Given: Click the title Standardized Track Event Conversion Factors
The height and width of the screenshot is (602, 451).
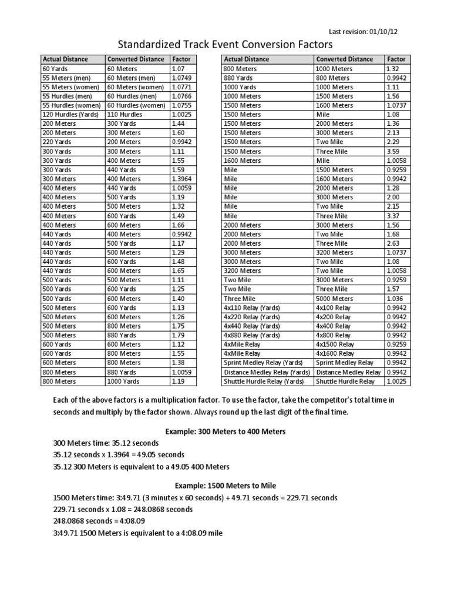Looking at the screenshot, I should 225,45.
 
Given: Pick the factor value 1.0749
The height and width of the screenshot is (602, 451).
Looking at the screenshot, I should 181,78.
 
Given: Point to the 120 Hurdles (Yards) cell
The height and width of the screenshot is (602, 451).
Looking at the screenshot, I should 70,114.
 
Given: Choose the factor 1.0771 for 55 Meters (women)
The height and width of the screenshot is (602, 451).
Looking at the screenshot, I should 181,87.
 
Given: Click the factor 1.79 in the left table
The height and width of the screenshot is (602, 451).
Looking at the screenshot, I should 178,335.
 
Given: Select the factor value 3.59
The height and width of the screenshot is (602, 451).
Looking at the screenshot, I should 393,151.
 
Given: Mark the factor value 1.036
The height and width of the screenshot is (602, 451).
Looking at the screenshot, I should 395,299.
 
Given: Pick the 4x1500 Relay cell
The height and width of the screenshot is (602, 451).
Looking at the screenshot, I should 335,345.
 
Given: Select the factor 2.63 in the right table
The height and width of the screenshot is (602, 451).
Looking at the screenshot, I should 393,242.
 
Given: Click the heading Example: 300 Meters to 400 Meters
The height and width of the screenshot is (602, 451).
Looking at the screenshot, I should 225,431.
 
